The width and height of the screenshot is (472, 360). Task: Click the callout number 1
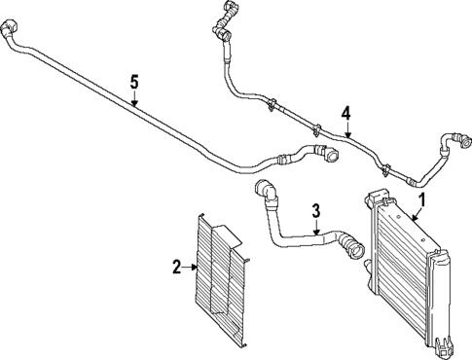tap(421, 200)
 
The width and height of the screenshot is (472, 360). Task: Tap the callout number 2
tap(177, 264)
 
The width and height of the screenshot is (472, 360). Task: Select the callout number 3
tap(315, 209)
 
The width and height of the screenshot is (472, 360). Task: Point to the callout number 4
tap(345, 113)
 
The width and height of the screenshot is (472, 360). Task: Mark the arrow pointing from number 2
tap(193, 264)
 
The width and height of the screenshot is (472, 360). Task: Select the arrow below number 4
tap(345, 129)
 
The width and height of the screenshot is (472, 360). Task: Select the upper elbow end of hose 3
tap(264, 189)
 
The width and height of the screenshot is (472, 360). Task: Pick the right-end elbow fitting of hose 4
tap(450, 142)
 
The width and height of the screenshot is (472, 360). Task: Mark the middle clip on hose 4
tap(317, 126)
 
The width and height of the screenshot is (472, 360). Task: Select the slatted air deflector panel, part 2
tap(224, 282)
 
